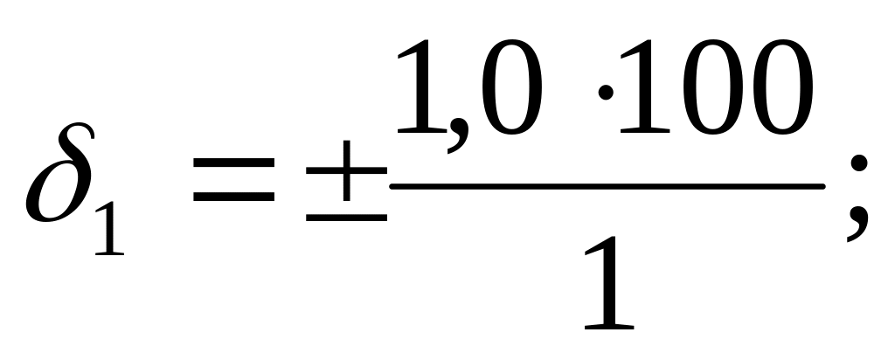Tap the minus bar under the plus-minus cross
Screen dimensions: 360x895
pos(346,216)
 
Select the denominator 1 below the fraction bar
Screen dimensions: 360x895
pos(607,280)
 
